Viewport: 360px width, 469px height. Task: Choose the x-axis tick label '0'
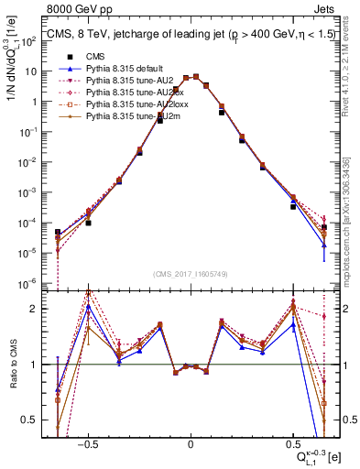click(x=190, y=442)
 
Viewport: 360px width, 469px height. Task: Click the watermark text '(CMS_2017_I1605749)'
click(x=190, y=274)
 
